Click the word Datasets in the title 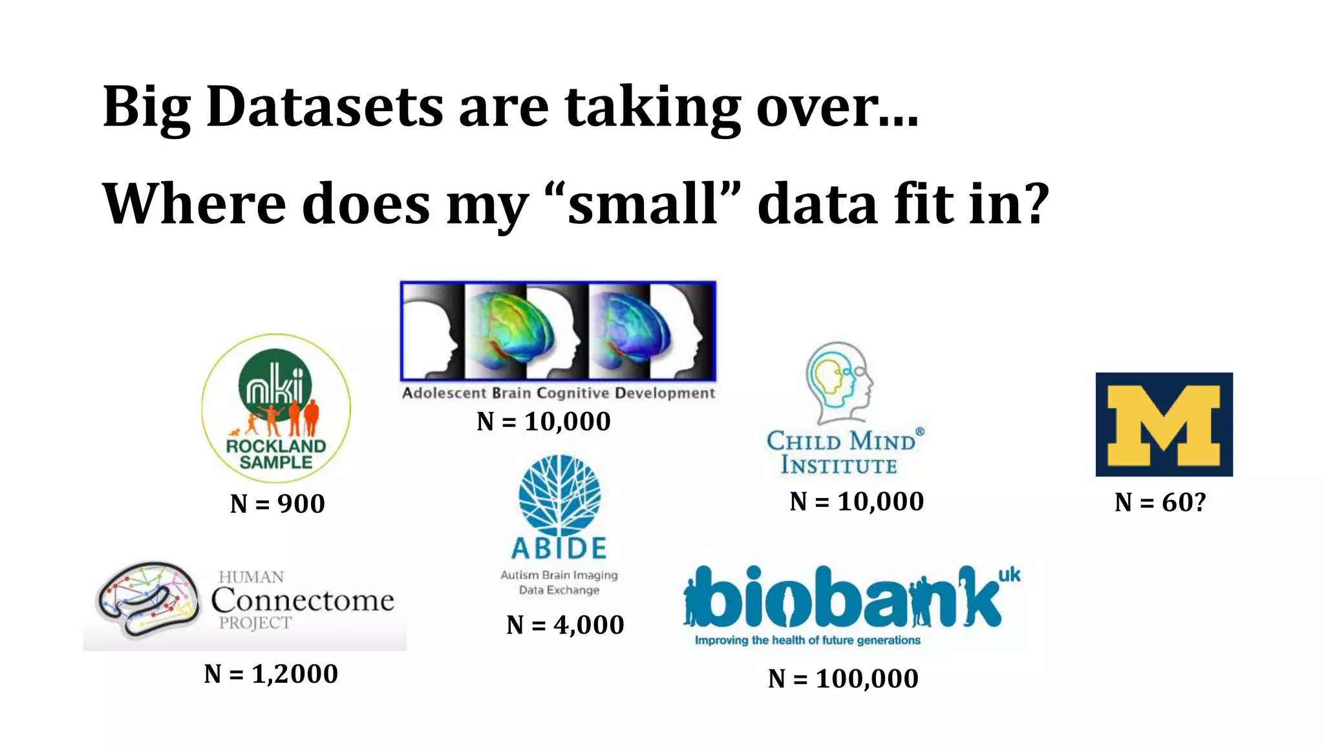(x=325, y=107)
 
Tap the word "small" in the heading (x=643, y=204)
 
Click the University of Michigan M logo (x=1164, y=425)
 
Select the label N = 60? (x=1160, y=502)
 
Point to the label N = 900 (x=277, y=504)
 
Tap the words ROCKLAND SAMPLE (x=276, y=454)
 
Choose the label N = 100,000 (x=843, y=679)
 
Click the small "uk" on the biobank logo (x=1009, y=575)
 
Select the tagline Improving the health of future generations (x=807, y=640)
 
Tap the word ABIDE (x=559, y=548)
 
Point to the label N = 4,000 (x=565, y=625)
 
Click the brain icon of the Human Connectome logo (x=148, y=598)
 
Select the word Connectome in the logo (x=303, y=600)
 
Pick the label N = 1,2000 (x=271, y=675)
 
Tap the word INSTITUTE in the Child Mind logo (x=839, y=466)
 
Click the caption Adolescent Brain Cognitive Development (x=559, y=393)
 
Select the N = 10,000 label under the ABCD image (x=544, y=422)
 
